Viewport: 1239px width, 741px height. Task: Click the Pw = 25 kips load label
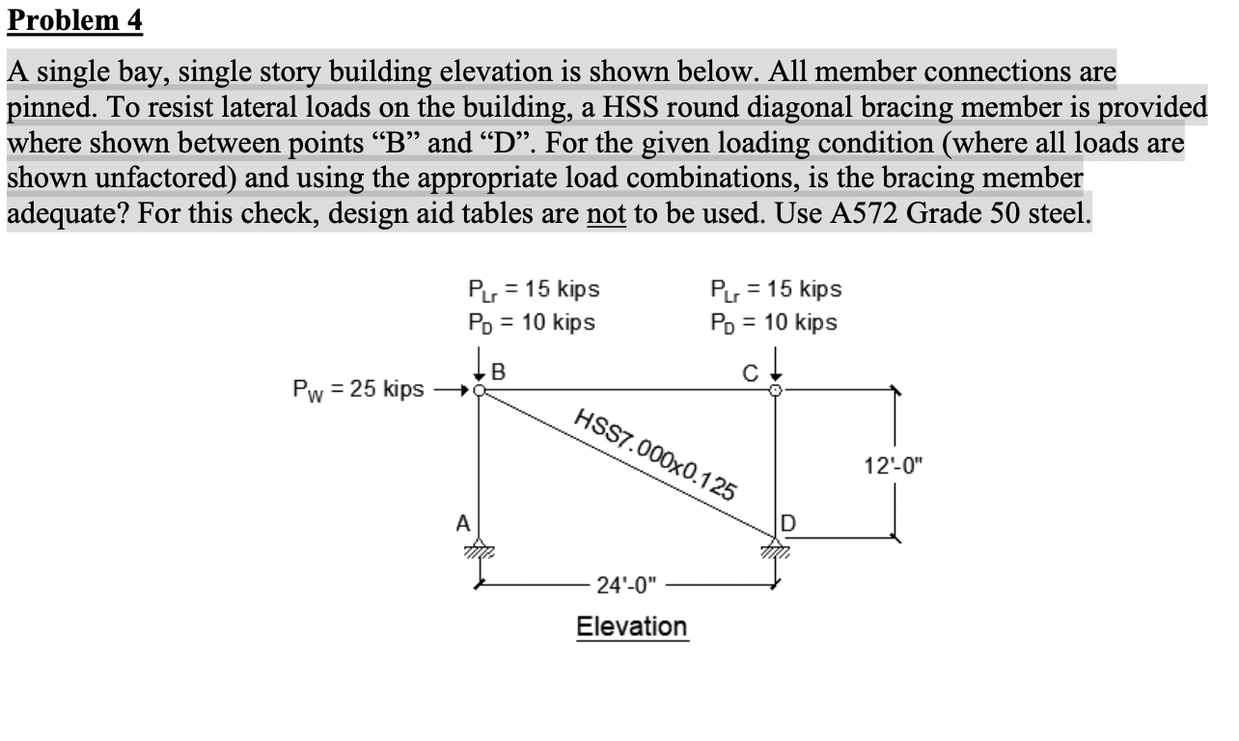coord(358,390)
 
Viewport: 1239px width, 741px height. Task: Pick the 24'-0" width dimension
coord(626,585)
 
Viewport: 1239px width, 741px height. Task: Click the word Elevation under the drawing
coord(631,627)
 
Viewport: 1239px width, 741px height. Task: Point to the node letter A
coord(462,524)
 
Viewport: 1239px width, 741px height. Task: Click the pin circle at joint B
coord(481,391)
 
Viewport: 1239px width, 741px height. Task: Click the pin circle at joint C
coord(776,391)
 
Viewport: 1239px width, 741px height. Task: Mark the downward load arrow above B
coord(481,370)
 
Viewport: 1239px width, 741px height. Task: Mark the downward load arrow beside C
coord(776,370)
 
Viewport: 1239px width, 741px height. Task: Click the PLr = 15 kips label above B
coord(533,289)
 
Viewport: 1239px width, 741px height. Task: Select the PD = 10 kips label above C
coord(774,322)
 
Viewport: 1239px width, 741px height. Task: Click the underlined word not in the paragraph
coord(603,212)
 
